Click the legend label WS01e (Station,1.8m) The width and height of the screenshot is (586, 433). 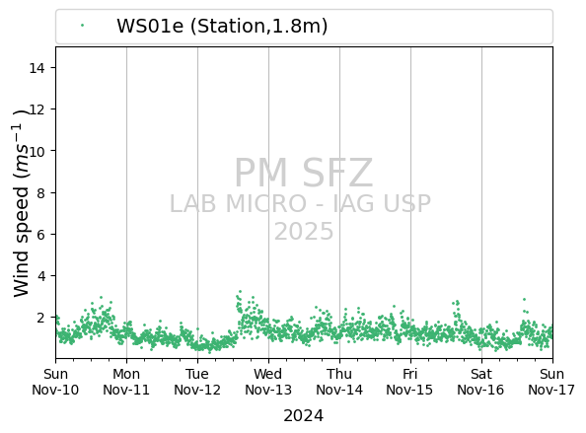(222, 27)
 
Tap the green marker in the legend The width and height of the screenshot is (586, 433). (82, 26)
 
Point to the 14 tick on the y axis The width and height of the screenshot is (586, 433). (37, 68)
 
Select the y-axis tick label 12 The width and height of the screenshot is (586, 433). (37, 109)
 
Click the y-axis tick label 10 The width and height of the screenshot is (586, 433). (37, 151)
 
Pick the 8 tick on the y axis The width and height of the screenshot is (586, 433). (40, 192)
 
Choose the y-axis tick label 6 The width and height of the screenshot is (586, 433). (40, 234)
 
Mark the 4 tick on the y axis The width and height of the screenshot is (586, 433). (40, 276)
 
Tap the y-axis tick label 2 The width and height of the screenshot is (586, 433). (40, 318)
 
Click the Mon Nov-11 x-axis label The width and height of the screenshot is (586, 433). (126, 382)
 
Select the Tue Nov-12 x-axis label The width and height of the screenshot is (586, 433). (197, 382)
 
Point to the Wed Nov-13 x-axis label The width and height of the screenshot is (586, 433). (268, 382)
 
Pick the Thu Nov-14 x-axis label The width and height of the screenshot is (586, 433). (339, 382)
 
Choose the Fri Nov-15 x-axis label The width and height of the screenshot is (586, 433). (409, 382)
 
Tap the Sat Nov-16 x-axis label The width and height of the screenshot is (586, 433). (481, 382)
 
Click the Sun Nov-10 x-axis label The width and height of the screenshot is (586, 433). (55, 382)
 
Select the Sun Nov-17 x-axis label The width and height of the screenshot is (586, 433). (551, 382)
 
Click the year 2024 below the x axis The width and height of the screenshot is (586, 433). (304, 416)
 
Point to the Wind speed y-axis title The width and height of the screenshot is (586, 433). (22, 203)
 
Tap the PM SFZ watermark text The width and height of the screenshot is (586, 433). (304, 173)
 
